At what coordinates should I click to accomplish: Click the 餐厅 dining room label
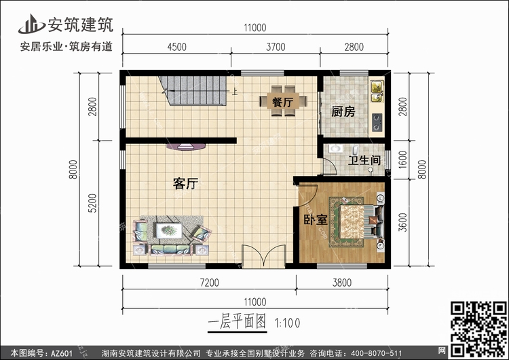pyautogui.click(x=283, y=102)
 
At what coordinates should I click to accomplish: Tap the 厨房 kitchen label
pyautogui.click(x=343, y=112)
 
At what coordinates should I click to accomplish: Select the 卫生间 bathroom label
pyautogui.click(x=364, y=160)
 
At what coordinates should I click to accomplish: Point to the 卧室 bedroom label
pyautogui.click(x=316, y=220)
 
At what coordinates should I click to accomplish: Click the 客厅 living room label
pyautogui.click(x=185, y=183)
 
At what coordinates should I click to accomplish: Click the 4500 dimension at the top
pyautogui.click(x=177, y=47)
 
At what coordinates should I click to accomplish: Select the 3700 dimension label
pyautogui.click(x=276, y=47)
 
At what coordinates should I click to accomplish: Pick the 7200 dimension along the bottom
pyautogui.click(x=210, y=283)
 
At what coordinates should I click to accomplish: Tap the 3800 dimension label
pyautogui.click(x=342, y=283)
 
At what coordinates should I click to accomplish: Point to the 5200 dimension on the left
pyautogui.click(x=92, y=203)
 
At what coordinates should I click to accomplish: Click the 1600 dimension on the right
pyautogui.click(x=402, y=160)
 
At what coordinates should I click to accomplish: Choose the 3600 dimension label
pyautogui.click(x=402, y=222)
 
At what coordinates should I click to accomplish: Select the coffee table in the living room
pyautogui.click(x=169, y=230)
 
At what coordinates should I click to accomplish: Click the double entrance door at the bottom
pyautogui.click(x=263, y=257)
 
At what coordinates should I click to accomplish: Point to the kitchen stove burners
pyautogui.click(x=377, y=122)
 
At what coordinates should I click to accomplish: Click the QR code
pyautogui.click(x=478, y=329)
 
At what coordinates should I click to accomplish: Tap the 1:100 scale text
pyautogui.click(x=288, y=323)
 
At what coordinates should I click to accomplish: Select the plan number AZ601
pyautogui.click(x=62, y=353)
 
